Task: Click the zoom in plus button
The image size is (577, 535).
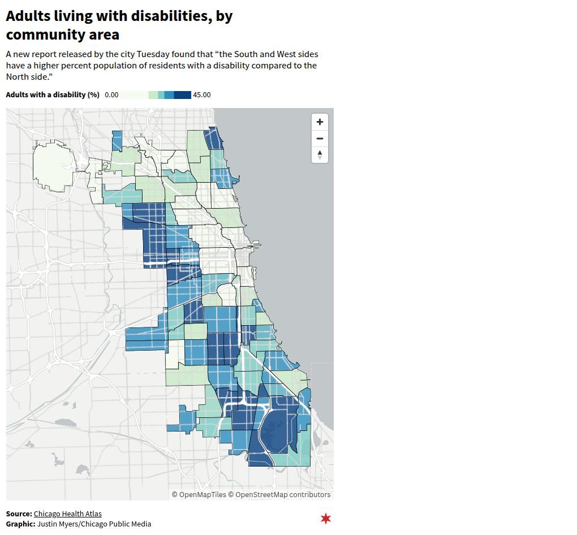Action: point(320,122)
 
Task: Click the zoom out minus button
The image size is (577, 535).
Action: point(320,139)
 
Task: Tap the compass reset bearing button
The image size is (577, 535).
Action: point(320,154)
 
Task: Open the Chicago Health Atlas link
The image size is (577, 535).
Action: point(68,514)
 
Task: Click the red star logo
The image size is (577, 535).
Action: point(325,518)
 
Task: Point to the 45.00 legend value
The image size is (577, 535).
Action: point(202,95)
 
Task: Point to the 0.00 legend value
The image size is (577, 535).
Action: point(111,95)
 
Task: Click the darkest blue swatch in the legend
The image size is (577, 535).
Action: point(182,95)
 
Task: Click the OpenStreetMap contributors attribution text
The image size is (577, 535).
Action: point(283,494)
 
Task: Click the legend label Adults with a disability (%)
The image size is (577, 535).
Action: point(53,95)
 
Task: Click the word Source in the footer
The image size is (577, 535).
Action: point(19,514)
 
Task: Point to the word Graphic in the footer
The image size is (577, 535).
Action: point(20,524)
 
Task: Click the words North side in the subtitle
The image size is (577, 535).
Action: point(27,76)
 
